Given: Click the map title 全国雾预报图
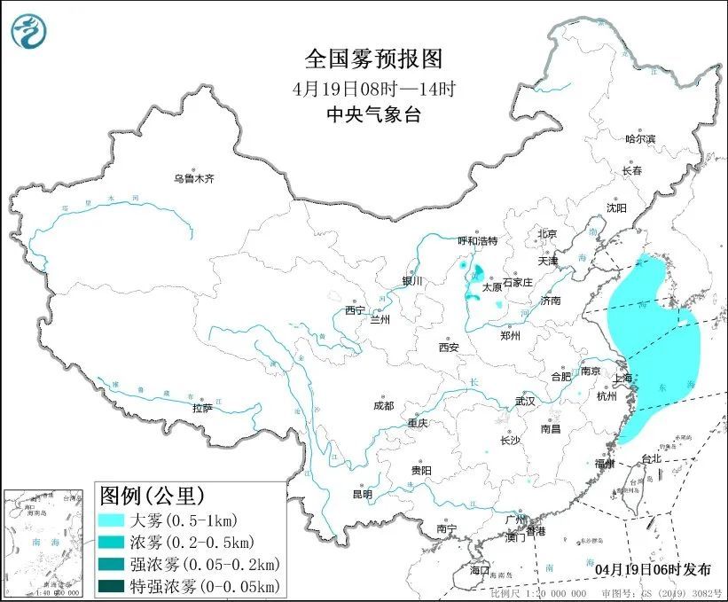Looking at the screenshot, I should click(372, 59).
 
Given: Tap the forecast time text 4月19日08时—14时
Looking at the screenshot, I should click(372, 89).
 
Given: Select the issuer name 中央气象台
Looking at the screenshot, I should click(372, 114).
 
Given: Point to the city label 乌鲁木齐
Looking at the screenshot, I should click(194, 179).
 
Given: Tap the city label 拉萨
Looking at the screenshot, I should click(202, 408).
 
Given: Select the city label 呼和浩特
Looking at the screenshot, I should click(478, 241).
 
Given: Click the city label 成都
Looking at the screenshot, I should click(383, 406).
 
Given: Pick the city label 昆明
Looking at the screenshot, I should click(364, 494).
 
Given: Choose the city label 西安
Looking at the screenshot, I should click(448, 348).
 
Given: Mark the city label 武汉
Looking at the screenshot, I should click(525, 401).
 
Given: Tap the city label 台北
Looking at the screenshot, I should click(651, 458).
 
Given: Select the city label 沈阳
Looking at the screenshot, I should click(615, 207).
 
